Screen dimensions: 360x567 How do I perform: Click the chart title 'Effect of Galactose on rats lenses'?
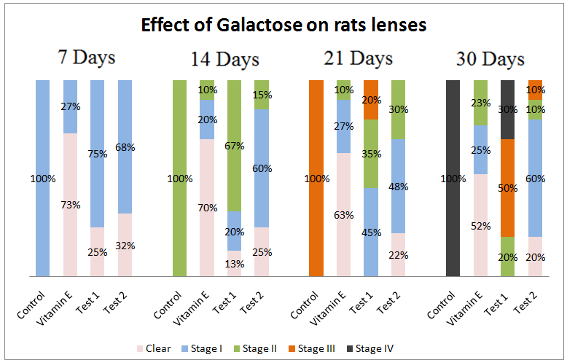click(x=283, y=26)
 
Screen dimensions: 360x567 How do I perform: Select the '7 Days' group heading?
click(x=87, y=58)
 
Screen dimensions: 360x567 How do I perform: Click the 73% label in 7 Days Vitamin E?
click(x=70, y=205)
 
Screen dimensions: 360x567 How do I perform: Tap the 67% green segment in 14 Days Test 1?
click(x=235, y=145)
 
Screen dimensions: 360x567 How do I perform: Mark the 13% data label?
click(x=235, y=264)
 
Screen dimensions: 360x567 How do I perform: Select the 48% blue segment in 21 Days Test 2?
click(x=398, y=186)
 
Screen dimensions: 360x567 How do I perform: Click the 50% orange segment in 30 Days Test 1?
click(x=507, y=188)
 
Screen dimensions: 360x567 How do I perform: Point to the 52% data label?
click(x=480, y=226)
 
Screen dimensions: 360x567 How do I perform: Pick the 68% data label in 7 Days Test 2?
click(x=125, y=147)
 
